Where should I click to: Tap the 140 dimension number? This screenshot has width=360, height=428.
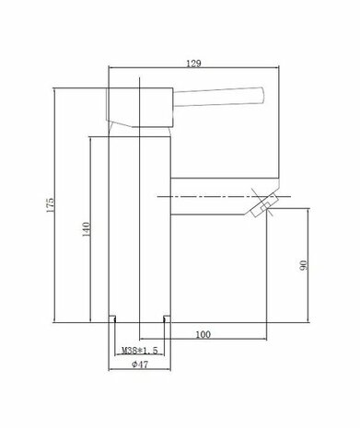[85, 228]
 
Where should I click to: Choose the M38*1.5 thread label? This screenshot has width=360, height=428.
[139, 351]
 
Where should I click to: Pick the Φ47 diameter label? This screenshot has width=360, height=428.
[140, 364]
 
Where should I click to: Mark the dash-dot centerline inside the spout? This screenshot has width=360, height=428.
[203, 197]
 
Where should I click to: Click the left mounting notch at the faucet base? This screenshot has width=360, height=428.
[113, 319]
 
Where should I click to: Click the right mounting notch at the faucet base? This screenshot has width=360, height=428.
[168, 319]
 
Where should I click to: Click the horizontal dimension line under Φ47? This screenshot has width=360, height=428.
[140, 371]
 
